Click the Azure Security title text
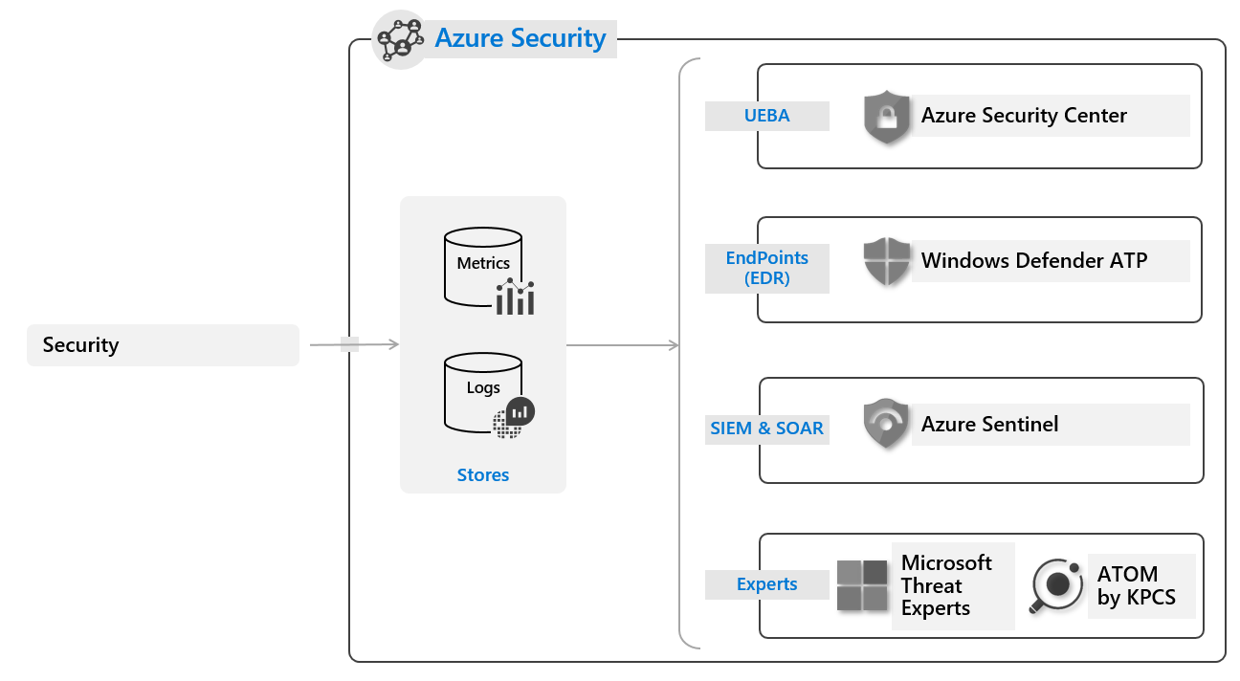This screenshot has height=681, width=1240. point(520,38)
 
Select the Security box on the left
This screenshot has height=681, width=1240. point(163,345)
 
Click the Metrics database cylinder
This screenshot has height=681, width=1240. point(483,268)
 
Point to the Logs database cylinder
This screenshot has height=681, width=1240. point(483,392)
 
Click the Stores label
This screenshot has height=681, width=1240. point(483,475)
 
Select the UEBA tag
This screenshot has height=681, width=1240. point(766,116)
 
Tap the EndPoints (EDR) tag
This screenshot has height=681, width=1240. point(766,268)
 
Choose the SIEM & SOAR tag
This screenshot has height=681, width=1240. point(766,428)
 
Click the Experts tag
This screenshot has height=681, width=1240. point(766,584)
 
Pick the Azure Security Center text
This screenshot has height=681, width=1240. point(1024,116)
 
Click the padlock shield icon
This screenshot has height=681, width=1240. point(887,118)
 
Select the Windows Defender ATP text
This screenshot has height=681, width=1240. point(1033,260)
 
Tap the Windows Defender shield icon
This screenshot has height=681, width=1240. point(887,262)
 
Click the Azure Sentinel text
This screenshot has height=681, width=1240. point(989,424)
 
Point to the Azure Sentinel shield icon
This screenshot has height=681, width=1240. point(887,425)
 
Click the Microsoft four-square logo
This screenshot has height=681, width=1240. point(862,585)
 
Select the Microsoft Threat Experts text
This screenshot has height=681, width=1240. point(946,585)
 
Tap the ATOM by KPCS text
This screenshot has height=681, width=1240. point(1136,586)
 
